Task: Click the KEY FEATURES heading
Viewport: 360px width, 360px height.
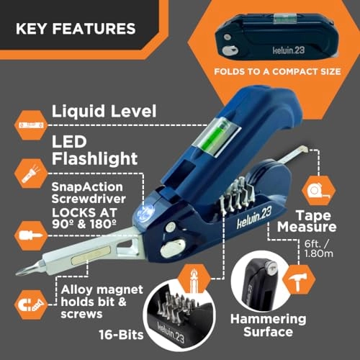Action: (76, 30)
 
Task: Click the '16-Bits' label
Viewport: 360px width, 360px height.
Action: (118, 335)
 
